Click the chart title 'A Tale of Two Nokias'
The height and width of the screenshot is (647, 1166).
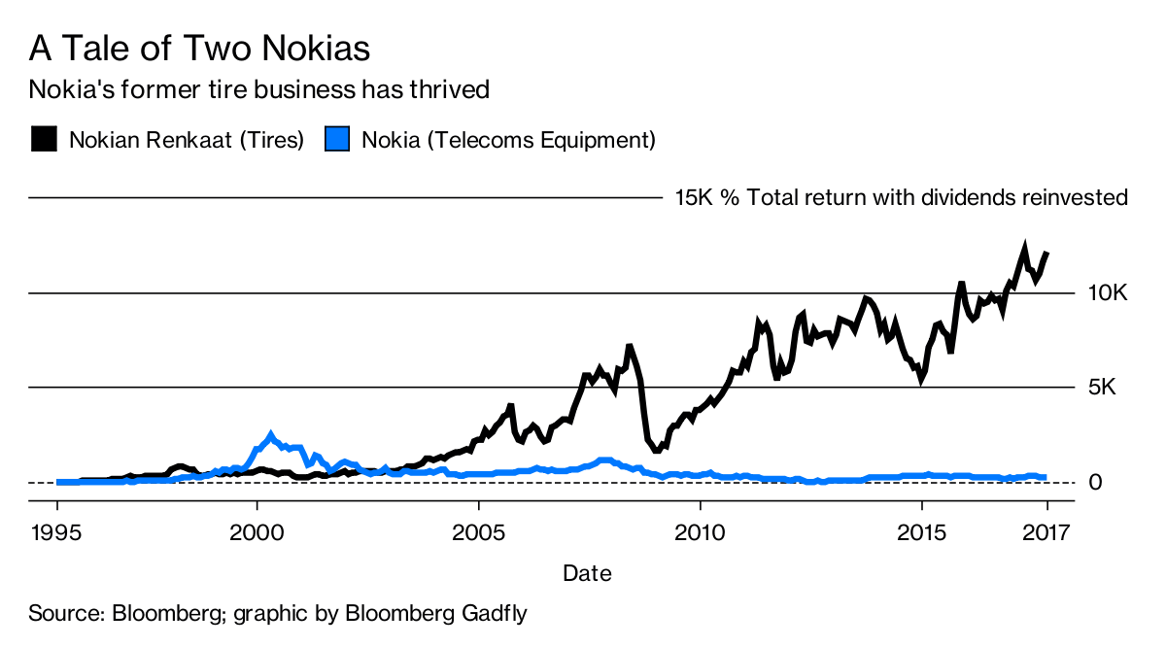[199, 48]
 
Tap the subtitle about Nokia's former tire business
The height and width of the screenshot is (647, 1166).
[258, 90]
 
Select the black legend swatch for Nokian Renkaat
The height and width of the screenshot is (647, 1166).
[44, 140]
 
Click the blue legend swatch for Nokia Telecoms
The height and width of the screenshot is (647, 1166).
[336, 140]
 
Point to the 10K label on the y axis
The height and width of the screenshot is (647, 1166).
[1107, 293]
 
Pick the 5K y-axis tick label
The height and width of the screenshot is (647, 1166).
[1102, 388]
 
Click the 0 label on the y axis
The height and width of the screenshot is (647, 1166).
[1094, 483]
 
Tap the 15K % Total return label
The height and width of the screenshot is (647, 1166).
[901, 198]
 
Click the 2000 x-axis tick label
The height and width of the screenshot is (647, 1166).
[257, 532]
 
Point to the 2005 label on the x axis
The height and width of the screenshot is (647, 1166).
[479, 532]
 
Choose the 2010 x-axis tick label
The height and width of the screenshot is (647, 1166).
[700, 532]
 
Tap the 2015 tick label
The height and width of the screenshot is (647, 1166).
[921, 532]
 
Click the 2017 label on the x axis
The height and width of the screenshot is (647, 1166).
[1046, 532]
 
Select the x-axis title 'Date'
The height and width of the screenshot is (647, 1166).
[587, 573]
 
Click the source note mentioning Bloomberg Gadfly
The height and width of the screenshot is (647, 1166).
[278, 614]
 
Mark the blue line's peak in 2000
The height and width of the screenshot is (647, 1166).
[271, 435]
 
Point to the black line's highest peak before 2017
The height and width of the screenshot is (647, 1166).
[1023, 247]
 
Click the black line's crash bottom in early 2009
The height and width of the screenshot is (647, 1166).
[657, 450]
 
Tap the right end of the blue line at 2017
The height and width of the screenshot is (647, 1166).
[1045, 477]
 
